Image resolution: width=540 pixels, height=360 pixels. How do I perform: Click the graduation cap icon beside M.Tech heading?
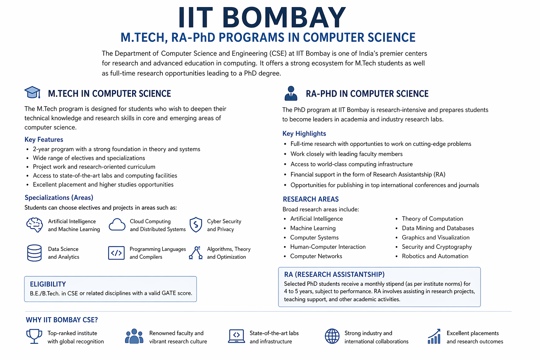(32, 92)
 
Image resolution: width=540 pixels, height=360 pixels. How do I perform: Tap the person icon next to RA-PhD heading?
(291, 93)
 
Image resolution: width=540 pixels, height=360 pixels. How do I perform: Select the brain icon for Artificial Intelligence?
(34, 225)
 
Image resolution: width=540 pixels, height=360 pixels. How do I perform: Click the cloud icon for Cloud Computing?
(117, 225)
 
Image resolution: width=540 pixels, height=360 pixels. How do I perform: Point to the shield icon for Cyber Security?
(196, 225)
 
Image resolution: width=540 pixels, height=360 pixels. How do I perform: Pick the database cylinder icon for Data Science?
(34, 253)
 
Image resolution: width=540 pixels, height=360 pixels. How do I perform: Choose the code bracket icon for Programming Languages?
(116, 253)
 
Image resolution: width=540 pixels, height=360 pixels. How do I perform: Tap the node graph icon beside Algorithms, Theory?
(196, 253)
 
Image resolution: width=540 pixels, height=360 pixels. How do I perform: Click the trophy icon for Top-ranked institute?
(34, 336)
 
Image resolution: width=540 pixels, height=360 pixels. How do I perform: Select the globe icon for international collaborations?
(332, 336)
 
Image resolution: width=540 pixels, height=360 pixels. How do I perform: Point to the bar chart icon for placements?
(434, 336)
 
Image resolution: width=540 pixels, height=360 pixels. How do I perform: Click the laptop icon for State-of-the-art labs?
(237, 336)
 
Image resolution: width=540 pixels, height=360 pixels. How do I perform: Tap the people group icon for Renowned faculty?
(134, 336)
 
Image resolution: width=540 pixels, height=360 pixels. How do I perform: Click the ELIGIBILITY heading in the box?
(48, 284)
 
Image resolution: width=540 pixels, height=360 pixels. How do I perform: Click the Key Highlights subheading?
(304, 134)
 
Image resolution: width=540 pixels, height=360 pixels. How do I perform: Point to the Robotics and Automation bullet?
(435, 256)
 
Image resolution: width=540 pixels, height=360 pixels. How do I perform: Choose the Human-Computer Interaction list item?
(328, 247)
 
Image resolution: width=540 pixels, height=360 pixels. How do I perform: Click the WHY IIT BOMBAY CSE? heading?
(62, 320)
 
